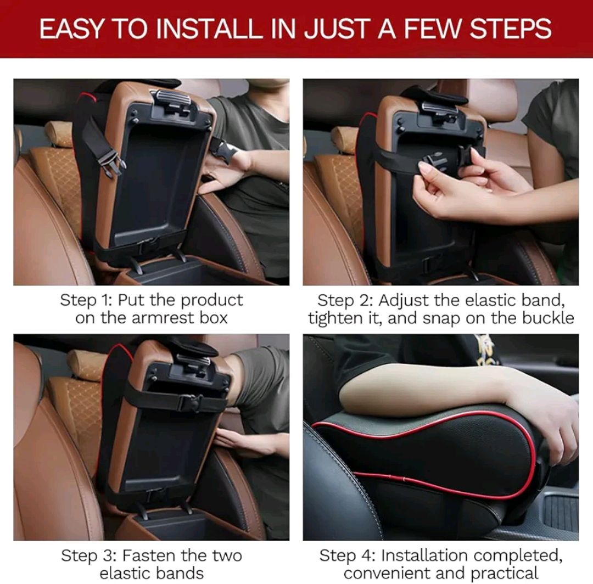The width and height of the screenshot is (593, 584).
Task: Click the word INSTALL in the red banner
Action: pos(217,29)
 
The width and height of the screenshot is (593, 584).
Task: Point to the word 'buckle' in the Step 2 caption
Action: pos(547,318)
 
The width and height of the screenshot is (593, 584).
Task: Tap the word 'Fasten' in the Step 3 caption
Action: pos(147,555)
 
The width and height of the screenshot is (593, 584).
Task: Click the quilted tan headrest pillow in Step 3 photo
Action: pos(86,365)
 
